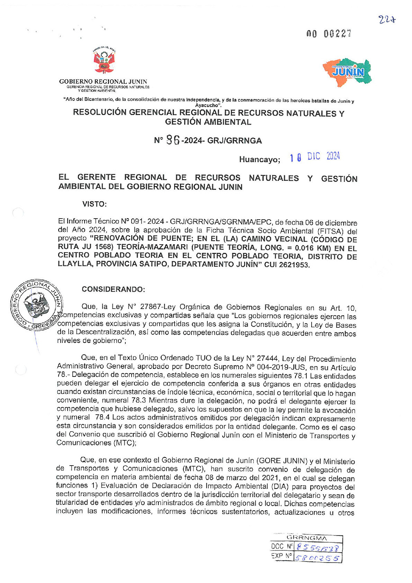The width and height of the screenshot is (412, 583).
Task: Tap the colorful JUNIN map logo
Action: [x=347, y=72]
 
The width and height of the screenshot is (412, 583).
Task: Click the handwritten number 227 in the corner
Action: [x=387, y=20]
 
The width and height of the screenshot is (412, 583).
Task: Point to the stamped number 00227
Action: [x=329, y=34]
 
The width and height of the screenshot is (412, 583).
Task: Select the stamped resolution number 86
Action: [x=173, y=140]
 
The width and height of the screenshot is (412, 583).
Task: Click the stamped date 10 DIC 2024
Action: [x=315, y=157]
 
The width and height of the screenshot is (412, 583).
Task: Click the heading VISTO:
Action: [x=94, y=204]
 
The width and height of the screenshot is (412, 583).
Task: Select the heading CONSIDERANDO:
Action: [x=113, y=289]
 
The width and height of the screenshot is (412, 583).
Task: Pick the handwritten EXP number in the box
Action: [x=317, y=558]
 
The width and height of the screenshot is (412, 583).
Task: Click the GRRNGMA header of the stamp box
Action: [x=307, y=538]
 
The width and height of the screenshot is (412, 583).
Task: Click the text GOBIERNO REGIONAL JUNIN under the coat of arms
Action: [x=103, y=81]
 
